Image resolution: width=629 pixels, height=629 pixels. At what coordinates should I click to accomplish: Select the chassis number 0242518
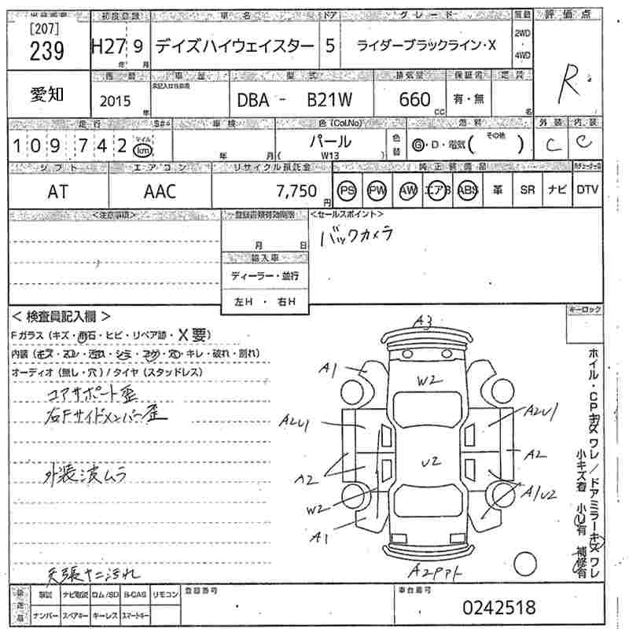[498, 608]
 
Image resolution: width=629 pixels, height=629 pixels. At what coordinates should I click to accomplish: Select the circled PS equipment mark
[346, 190]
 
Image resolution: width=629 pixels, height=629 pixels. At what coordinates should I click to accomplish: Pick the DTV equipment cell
[587, 190]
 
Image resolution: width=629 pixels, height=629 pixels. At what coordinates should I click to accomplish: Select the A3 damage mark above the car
[425, 320]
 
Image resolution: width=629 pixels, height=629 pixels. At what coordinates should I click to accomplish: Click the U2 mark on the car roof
[429, 462]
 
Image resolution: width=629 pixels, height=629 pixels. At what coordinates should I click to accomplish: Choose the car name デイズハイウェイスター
[234, 46]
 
